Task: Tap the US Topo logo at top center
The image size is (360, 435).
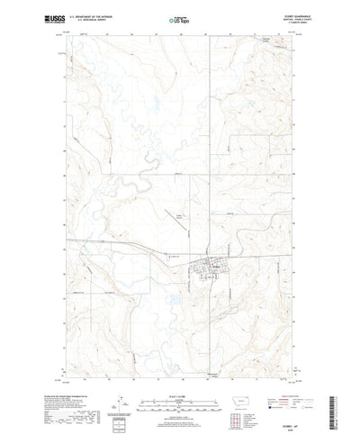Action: [180, 18]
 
